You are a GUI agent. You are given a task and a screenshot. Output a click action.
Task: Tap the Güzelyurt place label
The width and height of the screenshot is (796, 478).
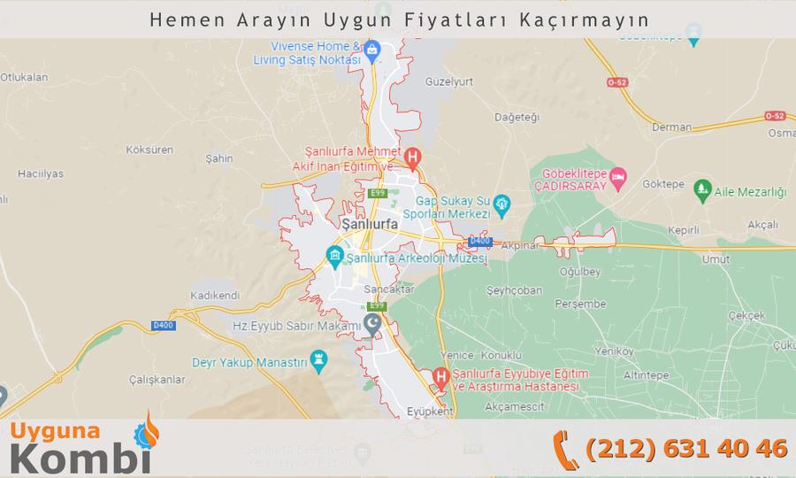(449, 81)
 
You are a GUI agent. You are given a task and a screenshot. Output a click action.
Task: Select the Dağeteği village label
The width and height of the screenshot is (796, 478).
(517, 118)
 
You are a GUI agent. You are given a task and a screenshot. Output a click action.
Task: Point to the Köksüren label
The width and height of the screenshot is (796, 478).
(149, 150)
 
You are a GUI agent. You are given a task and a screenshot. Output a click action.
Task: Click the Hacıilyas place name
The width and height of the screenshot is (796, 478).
(40, 173)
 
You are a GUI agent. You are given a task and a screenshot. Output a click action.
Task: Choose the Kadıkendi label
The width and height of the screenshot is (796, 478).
(215, 295)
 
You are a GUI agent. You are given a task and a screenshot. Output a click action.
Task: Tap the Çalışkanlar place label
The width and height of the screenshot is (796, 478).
(157, 379)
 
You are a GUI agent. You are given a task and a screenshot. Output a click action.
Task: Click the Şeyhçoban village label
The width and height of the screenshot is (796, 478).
(514, 290)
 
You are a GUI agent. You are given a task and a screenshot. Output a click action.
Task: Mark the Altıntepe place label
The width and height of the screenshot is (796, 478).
(646, 375)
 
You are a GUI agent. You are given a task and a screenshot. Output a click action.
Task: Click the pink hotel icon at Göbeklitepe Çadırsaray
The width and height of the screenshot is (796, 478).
(618, 177)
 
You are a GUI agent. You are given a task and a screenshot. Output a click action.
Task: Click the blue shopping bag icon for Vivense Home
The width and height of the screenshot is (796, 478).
(372, 49)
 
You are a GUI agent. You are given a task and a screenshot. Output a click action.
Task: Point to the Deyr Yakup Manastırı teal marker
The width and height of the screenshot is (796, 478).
(318, 359)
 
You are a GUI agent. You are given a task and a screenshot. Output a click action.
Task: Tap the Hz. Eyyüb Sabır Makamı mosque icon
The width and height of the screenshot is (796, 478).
(373, 324)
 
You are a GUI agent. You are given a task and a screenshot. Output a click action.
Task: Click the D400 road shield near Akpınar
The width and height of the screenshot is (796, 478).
(479, 241)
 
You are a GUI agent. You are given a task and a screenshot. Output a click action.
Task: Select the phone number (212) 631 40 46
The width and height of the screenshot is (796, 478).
(686, 448)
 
